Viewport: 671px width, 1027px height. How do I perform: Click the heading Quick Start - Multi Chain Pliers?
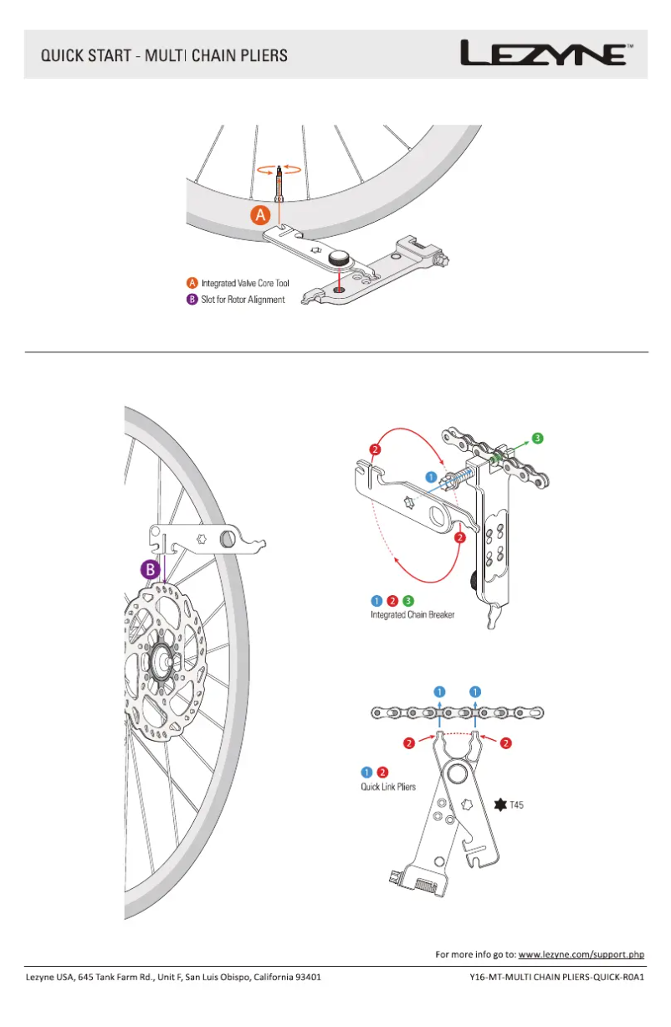tap(165, 56)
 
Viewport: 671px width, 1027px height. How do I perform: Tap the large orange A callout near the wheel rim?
tap(259, 215)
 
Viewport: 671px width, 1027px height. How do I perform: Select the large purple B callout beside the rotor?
tap(149, 569)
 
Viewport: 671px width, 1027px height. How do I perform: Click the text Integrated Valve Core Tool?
tap(245, 284)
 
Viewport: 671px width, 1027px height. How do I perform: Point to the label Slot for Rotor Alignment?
tap(243, 300)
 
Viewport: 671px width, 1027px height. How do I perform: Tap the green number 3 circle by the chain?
tap(538, 438)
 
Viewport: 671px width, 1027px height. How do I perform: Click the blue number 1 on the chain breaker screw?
tap(431, 477)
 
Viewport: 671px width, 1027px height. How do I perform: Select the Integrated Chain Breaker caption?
tap(412, 615)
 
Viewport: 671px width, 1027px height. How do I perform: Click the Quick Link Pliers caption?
tap(388, 787)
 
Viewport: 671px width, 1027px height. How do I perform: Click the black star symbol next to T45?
tap(501, 805)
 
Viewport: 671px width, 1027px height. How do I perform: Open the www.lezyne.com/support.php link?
tap(581, 954)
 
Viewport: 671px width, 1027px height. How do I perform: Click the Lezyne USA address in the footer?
tap(172, 977)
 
